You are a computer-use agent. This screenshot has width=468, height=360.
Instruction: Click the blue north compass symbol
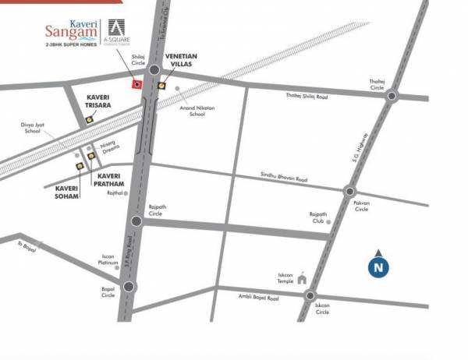(378, 267)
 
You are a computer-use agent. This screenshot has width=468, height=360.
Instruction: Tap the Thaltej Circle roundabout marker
(392, 97)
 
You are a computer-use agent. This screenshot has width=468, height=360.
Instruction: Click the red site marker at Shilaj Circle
(137, 84)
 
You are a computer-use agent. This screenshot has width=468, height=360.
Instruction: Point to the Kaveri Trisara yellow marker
(90, 119)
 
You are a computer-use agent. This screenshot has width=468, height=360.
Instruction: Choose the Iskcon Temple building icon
(301, 281)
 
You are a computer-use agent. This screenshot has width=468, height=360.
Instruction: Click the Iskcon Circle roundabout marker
(310, 295)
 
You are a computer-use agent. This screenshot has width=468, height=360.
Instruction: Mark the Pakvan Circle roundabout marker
(349, 191)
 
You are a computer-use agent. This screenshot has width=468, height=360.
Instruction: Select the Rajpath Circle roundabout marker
(136, 221)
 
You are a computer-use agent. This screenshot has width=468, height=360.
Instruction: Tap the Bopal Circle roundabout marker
(129, 286)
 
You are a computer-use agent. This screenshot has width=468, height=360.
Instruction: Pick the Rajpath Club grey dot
(328, 222)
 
